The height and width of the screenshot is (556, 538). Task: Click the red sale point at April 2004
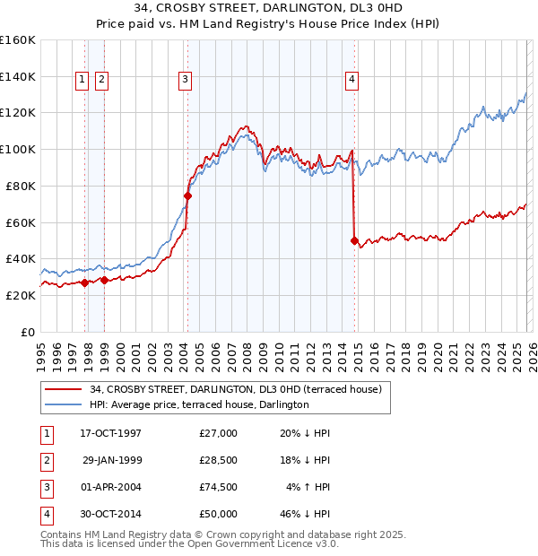pos(188,195)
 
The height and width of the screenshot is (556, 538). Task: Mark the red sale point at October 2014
pos(354,240)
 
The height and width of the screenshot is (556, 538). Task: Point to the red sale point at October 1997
pos(85,282)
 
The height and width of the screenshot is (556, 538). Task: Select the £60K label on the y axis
pos(21,222)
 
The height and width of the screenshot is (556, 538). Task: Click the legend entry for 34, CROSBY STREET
pos(236,389)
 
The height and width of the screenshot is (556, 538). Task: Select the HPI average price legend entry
pos(199,404)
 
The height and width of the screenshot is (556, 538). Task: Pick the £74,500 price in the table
pos(218,487)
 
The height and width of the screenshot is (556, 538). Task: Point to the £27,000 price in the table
pos(218,433)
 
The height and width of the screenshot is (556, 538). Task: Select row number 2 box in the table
pos(46,460)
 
